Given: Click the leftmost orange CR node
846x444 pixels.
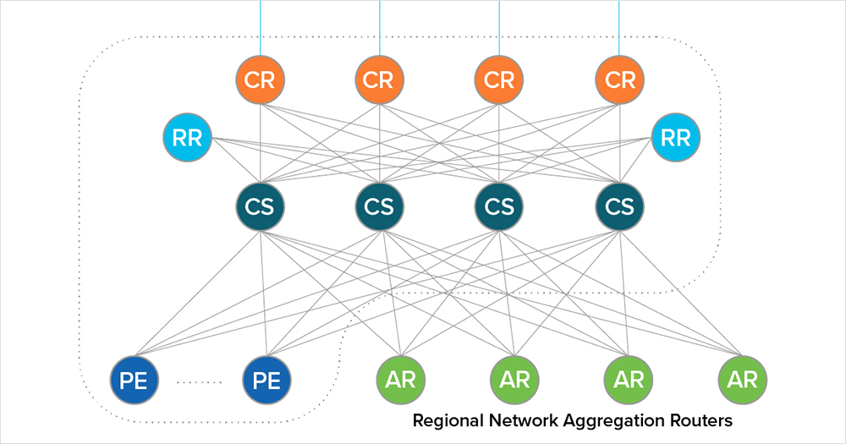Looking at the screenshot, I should point(261,79).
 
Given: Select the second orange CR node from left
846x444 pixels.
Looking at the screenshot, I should point(380,79).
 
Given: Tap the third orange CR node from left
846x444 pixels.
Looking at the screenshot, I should point(499,79).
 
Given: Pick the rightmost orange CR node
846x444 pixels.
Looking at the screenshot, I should point(619,79).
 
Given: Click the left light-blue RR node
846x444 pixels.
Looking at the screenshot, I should point(188,137).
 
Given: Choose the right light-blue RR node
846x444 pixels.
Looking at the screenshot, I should point(675,137).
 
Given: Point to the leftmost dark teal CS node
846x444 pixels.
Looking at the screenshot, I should point(261,206).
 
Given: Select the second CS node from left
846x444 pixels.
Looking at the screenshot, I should point(380,206).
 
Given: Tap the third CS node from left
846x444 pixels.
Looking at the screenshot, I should point(499,206).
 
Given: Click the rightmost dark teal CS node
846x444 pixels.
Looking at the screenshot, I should point(619,206).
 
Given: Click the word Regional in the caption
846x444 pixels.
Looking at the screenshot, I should point(447,420).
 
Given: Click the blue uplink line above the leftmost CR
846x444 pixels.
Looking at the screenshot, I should point(261,25).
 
